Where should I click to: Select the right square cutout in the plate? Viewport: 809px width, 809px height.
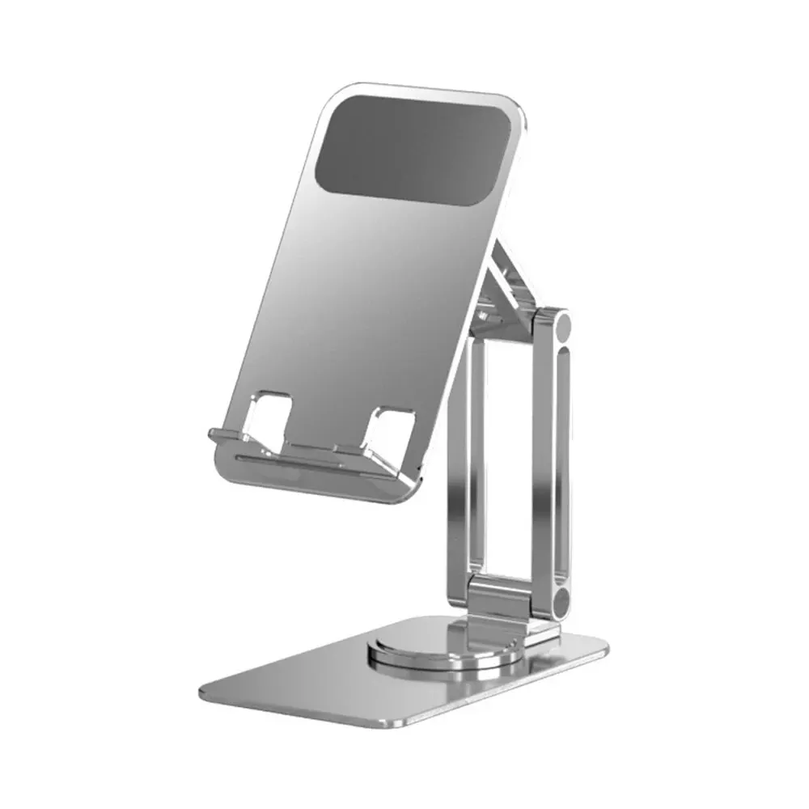tap(388, 429)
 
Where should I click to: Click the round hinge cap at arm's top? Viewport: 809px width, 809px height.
tap(558, 326)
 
